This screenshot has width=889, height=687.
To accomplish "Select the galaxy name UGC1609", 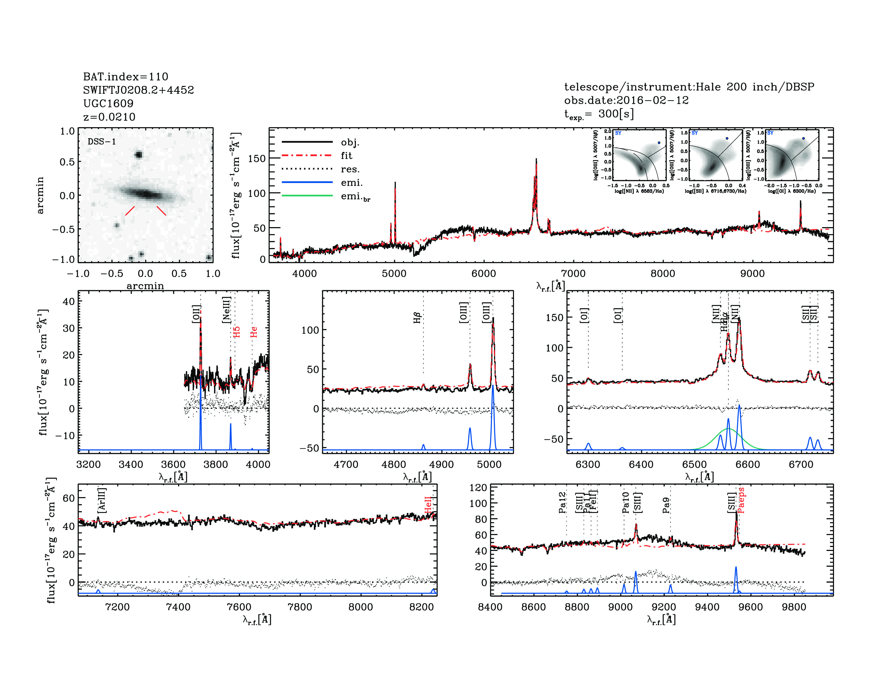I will coord(108,103).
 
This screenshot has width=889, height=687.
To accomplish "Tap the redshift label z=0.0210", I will coord(109,117).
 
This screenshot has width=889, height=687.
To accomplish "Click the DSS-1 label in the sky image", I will coord(102,142).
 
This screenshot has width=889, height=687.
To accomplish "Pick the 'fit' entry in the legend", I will coord(346,155).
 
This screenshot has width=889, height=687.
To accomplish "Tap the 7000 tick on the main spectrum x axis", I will coord(573,273).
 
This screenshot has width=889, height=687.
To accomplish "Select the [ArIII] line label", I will coord(102,500).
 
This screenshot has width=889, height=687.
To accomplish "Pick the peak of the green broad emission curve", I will coord(728,429).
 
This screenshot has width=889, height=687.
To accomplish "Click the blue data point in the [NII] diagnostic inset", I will coord(659,143).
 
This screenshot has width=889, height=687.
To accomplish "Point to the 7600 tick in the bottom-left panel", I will coord(239,607).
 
